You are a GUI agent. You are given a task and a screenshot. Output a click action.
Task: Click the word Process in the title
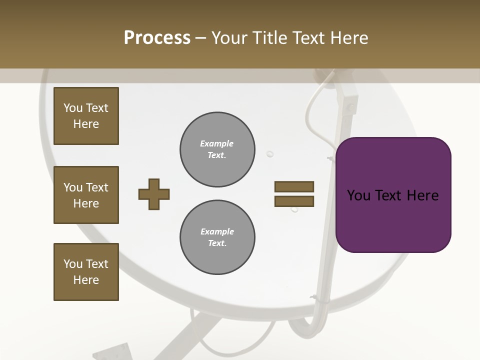tap(157, 38)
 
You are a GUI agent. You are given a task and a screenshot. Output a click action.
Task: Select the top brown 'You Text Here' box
tap(86, 116)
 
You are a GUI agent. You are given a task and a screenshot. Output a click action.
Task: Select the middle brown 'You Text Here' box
tap(86, 195)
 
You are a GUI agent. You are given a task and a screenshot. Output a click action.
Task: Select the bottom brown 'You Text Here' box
tap(86, 272)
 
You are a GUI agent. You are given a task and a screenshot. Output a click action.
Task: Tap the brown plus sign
tap(154, 194)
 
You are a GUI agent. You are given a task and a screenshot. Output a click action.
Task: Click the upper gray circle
tap(217, 149)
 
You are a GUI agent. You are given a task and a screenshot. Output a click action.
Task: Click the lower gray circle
tap(217, 237)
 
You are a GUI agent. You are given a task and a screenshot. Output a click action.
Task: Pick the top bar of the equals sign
tap(294, 186)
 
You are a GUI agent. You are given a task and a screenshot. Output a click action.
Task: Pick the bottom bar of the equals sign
tap(294, 201)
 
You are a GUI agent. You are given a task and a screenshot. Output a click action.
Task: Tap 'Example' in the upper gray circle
tap(217, 143)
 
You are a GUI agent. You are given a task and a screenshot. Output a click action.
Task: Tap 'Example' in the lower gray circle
tap(217, 231)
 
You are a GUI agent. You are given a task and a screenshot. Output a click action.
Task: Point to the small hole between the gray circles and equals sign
tap(270, 154)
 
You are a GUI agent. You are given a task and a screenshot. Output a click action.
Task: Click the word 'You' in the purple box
tap(358, 195)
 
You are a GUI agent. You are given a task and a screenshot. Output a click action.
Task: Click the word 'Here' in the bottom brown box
tap(86, 280)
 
